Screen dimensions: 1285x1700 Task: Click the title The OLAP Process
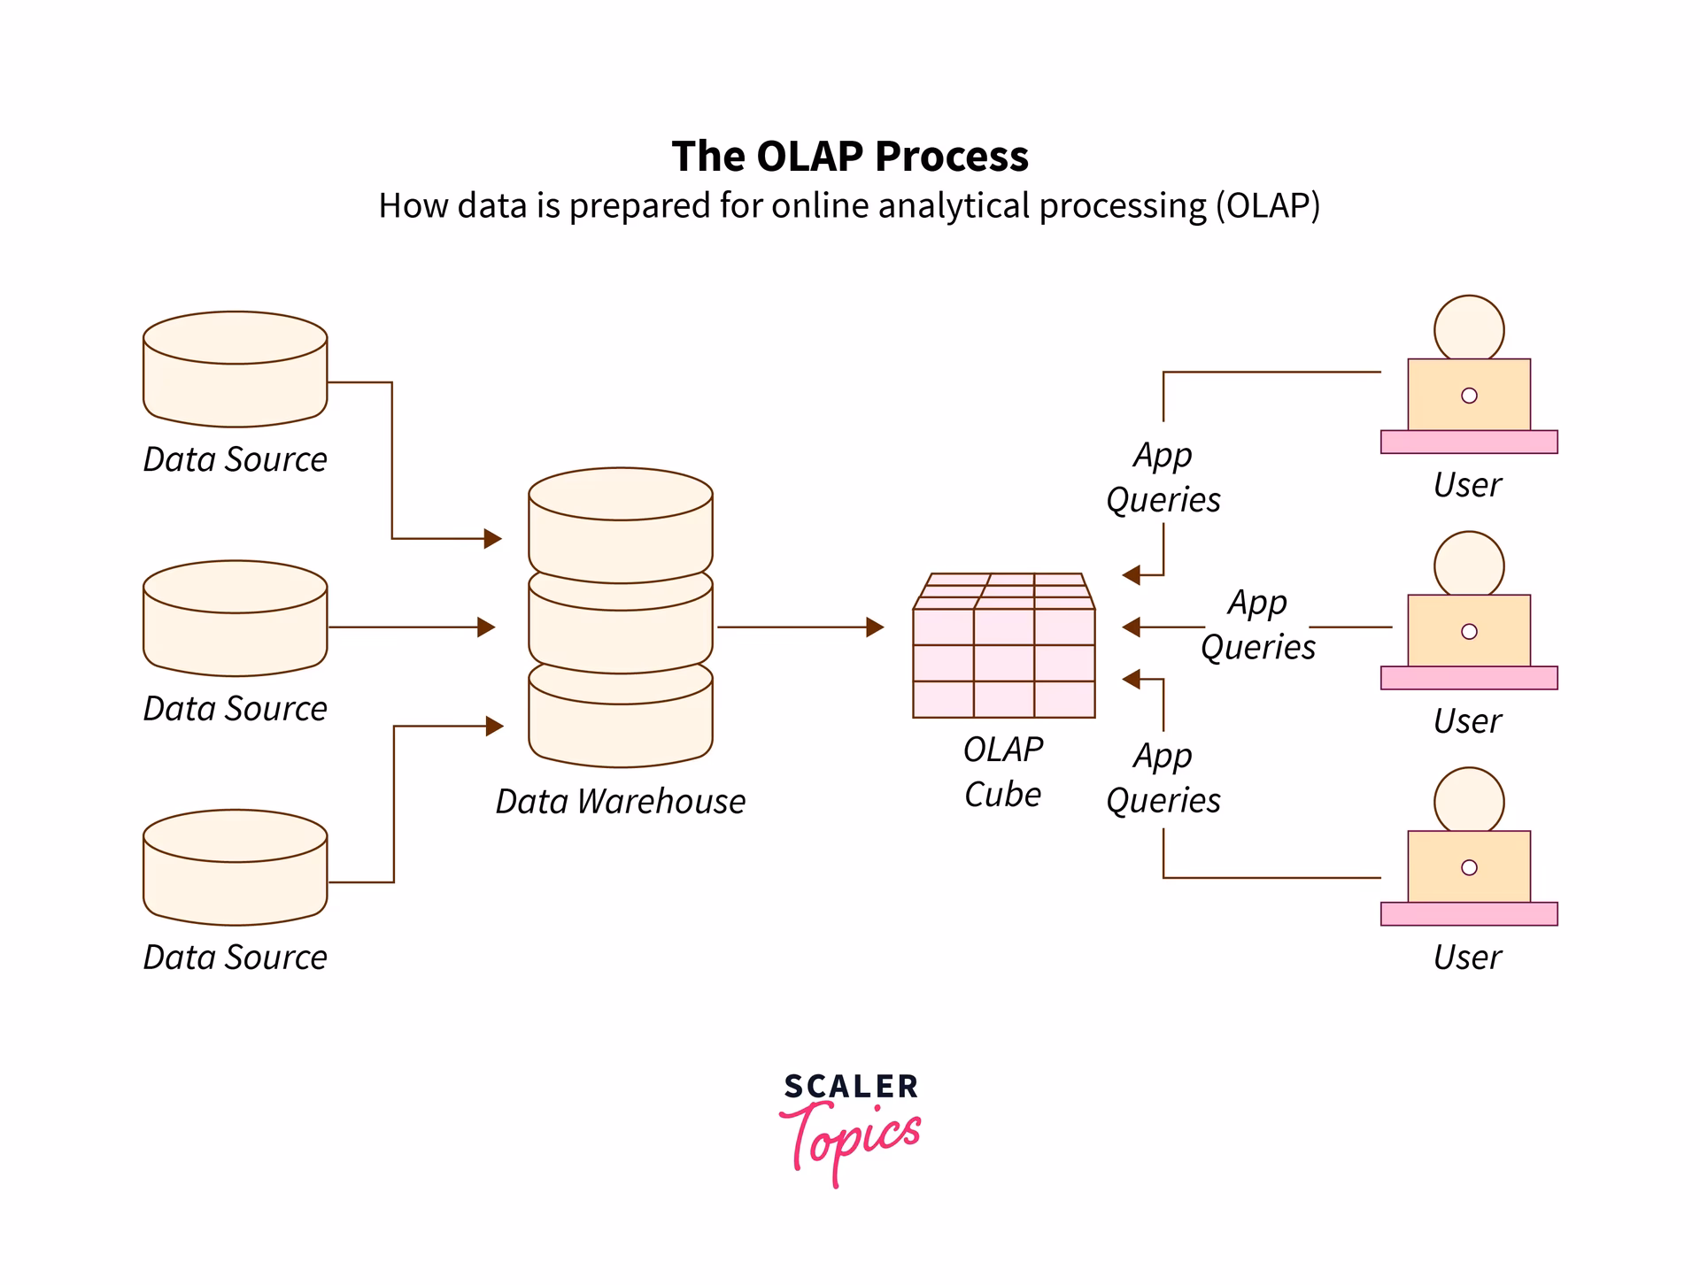click(849, 157)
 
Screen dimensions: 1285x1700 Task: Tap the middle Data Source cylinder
click(235, 619)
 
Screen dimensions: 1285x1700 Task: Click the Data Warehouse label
click(620, 802)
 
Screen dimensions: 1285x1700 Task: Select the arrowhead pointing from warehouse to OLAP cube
click(875, 627)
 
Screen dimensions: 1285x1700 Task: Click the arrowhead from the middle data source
click(486, 627)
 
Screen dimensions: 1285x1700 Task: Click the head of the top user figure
click(1468, 328)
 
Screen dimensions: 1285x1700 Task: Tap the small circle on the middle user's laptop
click(1469, 632)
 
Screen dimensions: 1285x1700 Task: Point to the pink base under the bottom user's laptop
click(1468, 914)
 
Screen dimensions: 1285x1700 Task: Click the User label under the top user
click(1467, 486)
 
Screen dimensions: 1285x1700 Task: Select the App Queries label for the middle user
click(1257, 625)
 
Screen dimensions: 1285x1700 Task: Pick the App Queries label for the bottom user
click(1163, 778)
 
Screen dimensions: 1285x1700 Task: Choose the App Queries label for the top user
click(1163, 478)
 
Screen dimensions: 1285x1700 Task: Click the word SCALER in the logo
click(850, 1087)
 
